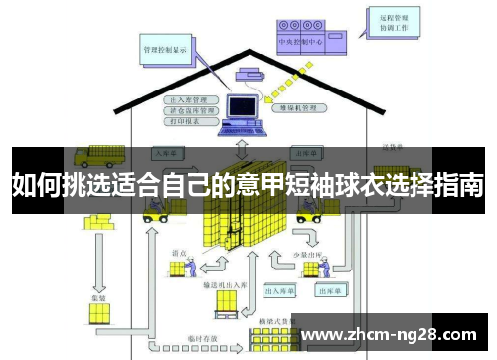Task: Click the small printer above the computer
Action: pos(248,72)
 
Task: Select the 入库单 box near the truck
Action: pos(164,154)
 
